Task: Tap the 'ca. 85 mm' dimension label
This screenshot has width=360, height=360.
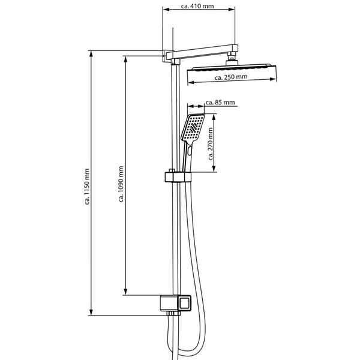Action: [220, 103]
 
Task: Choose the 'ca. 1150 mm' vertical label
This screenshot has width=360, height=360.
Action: [88, 186]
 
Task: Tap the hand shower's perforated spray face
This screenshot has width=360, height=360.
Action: [194, 128]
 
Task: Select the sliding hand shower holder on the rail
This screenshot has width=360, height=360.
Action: [176, 177]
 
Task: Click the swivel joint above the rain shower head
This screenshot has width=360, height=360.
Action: [232, 59]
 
